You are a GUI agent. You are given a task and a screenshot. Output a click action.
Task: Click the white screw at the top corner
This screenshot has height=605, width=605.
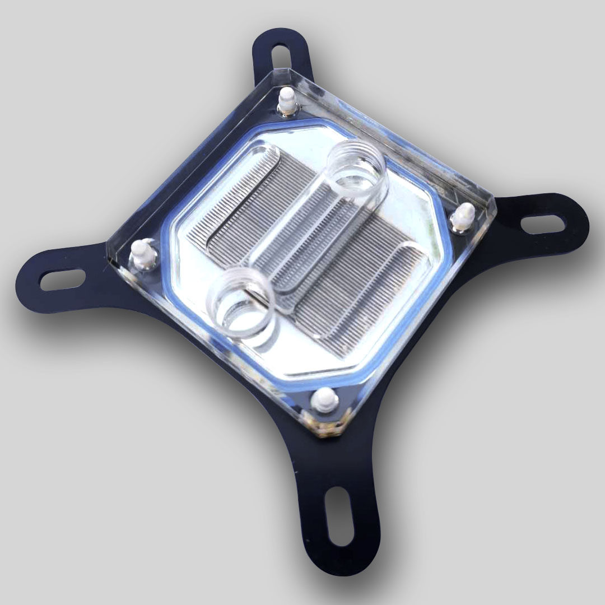(x=286, y=101)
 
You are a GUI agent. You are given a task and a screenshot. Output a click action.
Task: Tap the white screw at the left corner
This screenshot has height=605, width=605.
(x=142, y=254)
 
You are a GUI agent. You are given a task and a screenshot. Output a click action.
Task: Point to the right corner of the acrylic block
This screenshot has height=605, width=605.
(x=495, y=199)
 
